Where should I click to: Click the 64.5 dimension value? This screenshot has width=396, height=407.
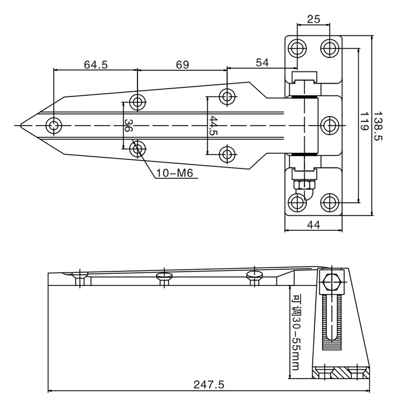[96, 65]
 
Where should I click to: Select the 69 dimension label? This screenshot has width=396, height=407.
[182, 65]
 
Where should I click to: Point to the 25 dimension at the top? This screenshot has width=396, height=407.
[313, 19]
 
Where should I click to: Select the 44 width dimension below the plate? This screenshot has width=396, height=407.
[314, 224]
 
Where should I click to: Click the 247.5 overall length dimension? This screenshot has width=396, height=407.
[208, 384]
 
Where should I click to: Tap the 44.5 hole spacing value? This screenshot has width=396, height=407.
[213, 126]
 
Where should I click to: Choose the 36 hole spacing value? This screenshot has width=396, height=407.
[129, 126]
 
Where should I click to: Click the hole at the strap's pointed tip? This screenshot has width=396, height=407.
[54, 125]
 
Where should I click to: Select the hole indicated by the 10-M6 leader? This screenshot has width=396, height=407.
[137, 149]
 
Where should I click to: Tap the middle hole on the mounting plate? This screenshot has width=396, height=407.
[330, 124]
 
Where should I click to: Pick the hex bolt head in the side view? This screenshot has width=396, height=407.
[330, 283]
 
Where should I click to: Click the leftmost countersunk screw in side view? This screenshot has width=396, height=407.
[79, 276]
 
